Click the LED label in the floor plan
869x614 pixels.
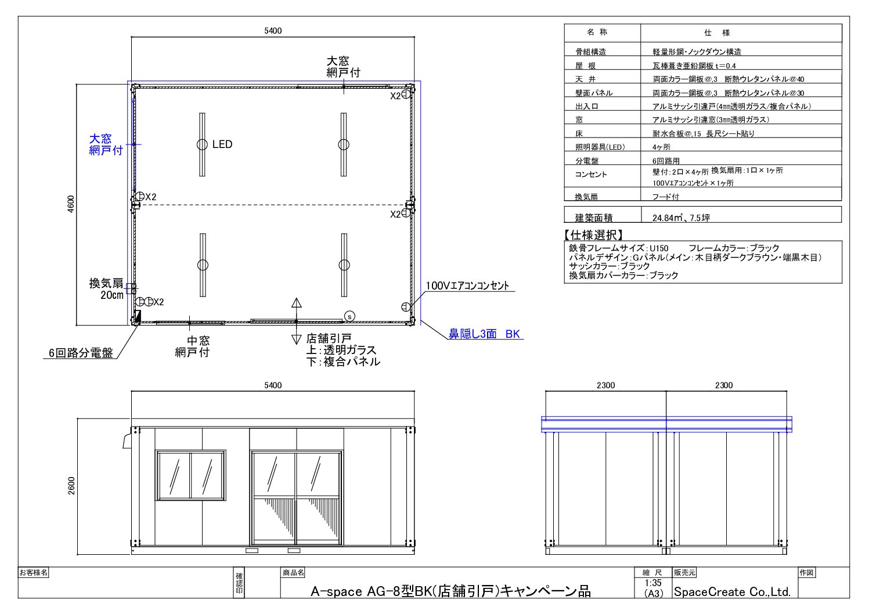pyautogui.click(x=222, y=145)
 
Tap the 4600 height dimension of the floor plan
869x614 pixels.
pyautogui.click(x=71, y=204)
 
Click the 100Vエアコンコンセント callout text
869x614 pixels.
pyautogui.click(x=467, y=286)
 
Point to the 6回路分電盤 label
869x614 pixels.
pyautogui.click(x=81, y=353)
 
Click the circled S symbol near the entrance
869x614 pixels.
pyautogui.click(x=349, y=316)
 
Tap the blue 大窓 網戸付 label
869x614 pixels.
pyautogui.click(x=106, y=145)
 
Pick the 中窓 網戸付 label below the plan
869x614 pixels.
pyautogui.click(x=192, y=346)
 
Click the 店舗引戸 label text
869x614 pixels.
pyautogui.click(x=329, y=338)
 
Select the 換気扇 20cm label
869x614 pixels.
pyautogui.click(x=106, y=289)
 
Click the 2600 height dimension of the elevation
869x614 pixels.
pyautogui.click(x=71, y=486)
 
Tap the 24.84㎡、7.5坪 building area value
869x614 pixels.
pyautogui.click(x=681, y=218)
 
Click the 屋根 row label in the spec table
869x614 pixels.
pyautogui.click(x=585, y=66)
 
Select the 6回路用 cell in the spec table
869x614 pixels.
pyautogui.click(x=666, y=161)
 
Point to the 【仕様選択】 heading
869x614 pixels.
pyautogui.click(x=593, y=234)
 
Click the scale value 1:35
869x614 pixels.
pyautogui.click(x=653, y=583)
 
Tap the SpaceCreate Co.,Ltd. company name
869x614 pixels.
pyautogui.click(x=732, y=592)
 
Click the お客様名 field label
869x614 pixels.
pyautogui.click(x=33, y=572)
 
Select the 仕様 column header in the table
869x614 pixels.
pyautogui.click(x=717, y=33)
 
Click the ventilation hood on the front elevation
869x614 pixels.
pyautogui.click(x=127, y=442)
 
